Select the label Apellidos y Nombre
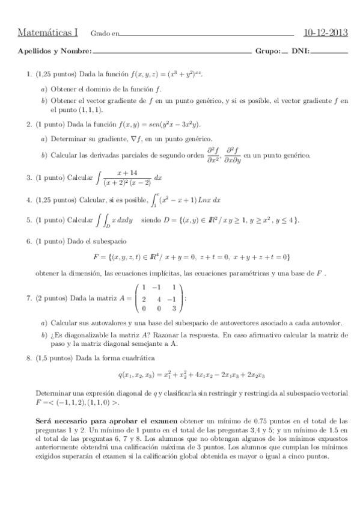pyautogui.click(x=54, y=51)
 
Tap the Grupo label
pyautogui.click(x=267, y=51)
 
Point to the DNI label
pyautogui.click(x=300, y=51)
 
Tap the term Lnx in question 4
pyautogui.click(x=202, y=200)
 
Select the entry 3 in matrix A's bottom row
pyautogui.click(x=174, y=309)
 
